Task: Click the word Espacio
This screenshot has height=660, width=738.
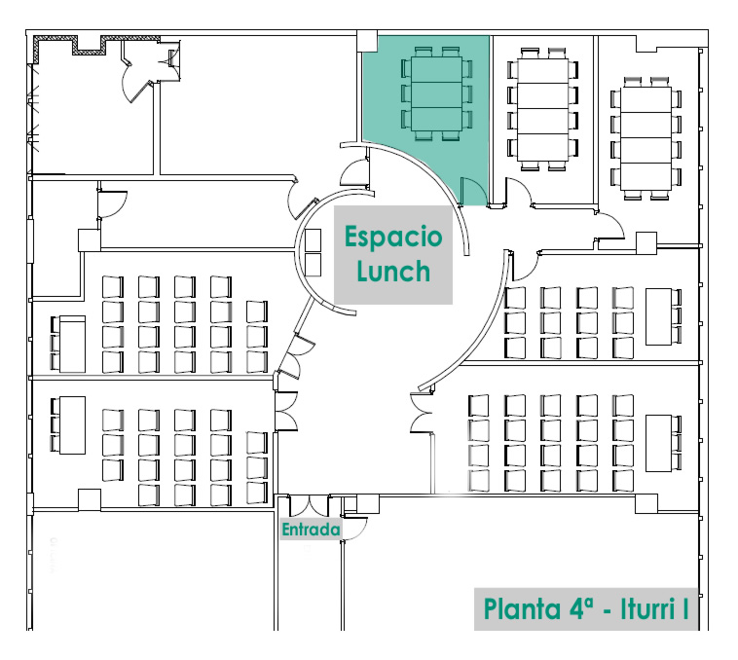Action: [393, 237]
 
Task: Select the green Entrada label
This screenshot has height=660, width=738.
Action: [311, 531]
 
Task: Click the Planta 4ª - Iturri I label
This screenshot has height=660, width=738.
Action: [587, 609]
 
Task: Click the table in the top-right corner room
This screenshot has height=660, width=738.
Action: [642, 135]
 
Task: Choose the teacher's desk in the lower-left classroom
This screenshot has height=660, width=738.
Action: [71, 424]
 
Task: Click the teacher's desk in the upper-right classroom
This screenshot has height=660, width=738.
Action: [658, 315]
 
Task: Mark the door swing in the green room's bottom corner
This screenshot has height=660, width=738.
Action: [472, 191]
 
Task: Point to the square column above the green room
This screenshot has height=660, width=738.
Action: [368, 40]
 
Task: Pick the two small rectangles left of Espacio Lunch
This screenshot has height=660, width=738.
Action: [314, 251]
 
